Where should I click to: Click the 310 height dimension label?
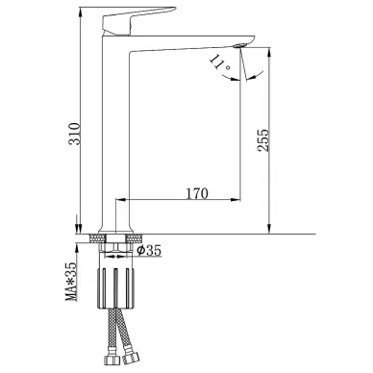click(x=74, y=134)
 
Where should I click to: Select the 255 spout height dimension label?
click(x=263, y=140)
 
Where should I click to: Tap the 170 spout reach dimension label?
click(x=197, y=193)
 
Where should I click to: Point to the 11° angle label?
click(x=219, y=62)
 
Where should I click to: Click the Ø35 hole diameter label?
click(x=149, y=250)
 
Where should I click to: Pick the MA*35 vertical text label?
click(x=71, y=281)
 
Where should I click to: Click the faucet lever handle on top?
click(x=138, y=20)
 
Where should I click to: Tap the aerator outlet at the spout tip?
click(x=239, y=46)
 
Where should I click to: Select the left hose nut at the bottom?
click(x=111, y=360)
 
